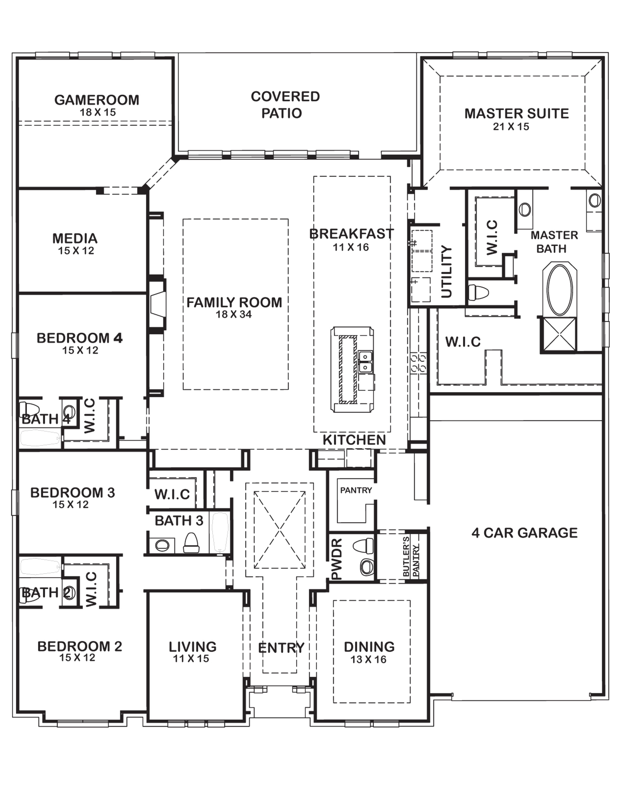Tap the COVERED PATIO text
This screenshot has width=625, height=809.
point(285,105)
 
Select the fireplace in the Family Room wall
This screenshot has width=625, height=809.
point(158,304)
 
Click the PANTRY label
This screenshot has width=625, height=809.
point(356,491)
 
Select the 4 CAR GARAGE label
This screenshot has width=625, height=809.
point(524,533)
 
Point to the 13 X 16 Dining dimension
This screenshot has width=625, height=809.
point(369,659)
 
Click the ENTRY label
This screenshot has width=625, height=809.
point(281,648)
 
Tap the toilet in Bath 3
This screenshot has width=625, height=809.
point(191,543)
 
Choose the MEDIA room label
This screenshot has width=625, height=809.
point(75,238)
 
